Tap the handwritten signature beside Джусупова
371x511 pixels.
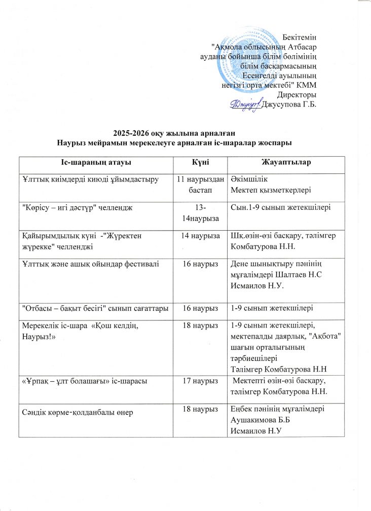(x=245, y=104)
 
